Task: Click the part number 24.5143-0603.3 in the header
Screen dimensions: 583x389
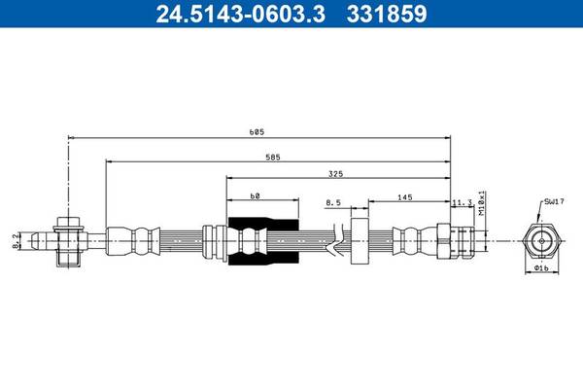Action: click(241, 14)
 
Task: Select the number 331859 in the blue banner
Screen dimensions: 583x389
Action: click(387, 14)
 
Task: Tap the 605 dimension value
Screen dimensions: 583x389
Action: click(257, 132)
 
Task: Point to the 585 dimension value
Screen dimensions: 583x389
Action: click(273, 158)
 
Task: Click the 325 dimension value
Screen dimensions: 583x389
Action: click(336, 174)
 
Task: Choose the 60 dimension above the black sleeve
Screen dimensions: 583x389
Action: click(255, 195)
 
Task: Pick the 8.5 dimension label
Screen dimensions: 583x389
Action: click(333, 203)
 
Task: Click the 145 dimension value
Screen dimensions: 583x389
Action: click(405, 197)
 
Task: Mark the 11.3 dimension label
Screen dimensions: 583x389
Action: click(463, 203)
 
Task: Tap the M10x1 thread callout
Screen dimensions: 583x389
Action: click(482, 203)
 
